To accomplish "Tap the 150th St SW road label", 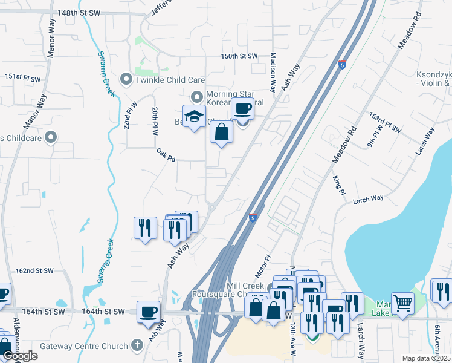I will (239, 56).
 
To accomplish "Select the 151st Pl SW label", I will (22, 79).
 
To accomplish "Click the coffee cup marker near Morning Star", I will (242, 110).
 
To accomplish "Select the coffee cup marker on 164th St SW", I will (149, 312).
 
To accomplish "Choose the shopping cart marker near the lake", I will (402, 303).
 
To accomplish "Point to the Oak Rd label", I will (166, 155).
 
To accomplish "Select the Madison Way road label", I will (273, 71).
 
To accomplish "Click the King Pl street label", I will (338, 185).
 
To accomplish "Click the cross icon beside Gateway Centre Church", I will (137, 346).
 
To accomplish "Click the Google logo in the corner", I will (20, 356).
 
